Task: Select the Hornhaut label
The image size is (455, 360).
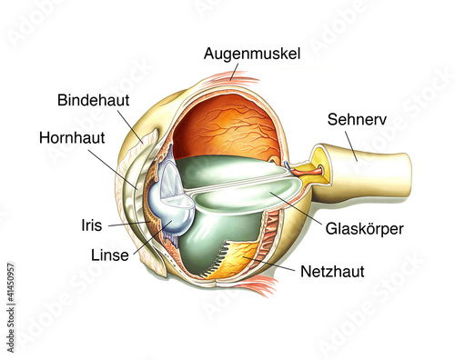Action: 71,139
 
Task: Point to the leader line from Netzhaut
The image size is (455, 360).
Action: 273,265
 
